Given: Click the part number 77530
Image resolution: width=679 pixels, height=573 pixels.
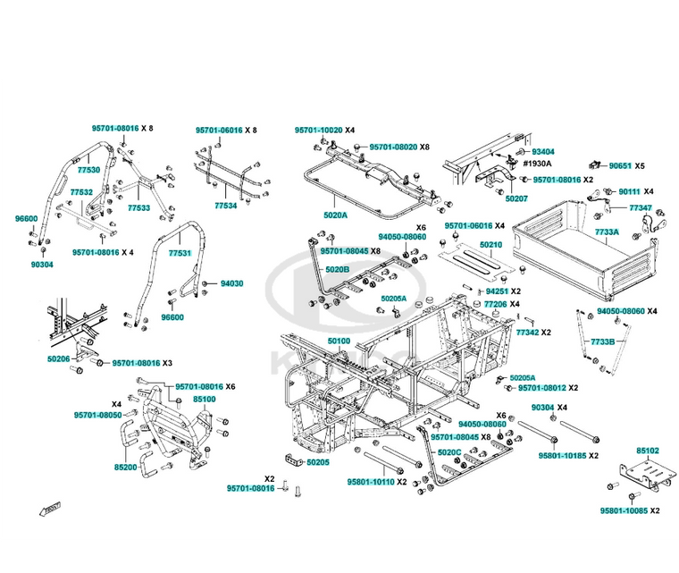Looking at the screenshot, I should (88, 169).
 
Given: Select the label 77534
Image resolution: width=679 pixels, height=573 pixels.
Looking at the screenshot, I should (225, 206).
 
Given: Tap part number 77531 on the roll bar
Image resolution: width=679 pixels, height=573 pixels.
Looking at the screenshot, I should (180, 254).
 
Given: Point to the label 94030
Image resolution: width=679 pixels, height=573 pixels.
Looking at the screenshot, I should (231, 283).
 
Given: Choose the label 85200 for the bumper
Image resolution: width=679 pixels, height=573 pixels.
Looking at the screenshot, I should (126, 467).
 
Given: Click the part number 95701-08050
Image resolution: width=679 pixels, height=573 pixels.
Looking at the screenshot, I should (97, 415).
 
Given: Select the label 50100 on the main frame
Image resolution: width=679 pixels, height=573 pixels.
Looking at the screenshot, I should (338, 341).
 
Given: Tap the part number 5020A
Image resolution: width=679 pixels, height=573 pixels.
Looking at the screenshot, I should (335, 215).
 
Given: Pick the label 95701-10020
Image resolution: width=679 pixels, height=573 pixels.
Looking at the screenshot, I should (319, 130).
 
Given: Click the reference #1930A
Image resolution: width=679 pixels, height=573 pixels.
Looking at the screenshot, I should (537, 164).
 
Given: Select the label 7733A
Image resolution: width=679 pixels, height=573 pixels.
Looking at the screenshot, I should (608, 232).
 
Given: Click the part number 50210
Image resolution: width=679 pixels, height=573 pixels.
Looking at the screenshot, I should (490, 244).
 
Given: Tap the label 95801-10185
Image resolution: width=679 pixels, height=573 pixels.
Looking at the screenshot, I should (562, 456).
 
